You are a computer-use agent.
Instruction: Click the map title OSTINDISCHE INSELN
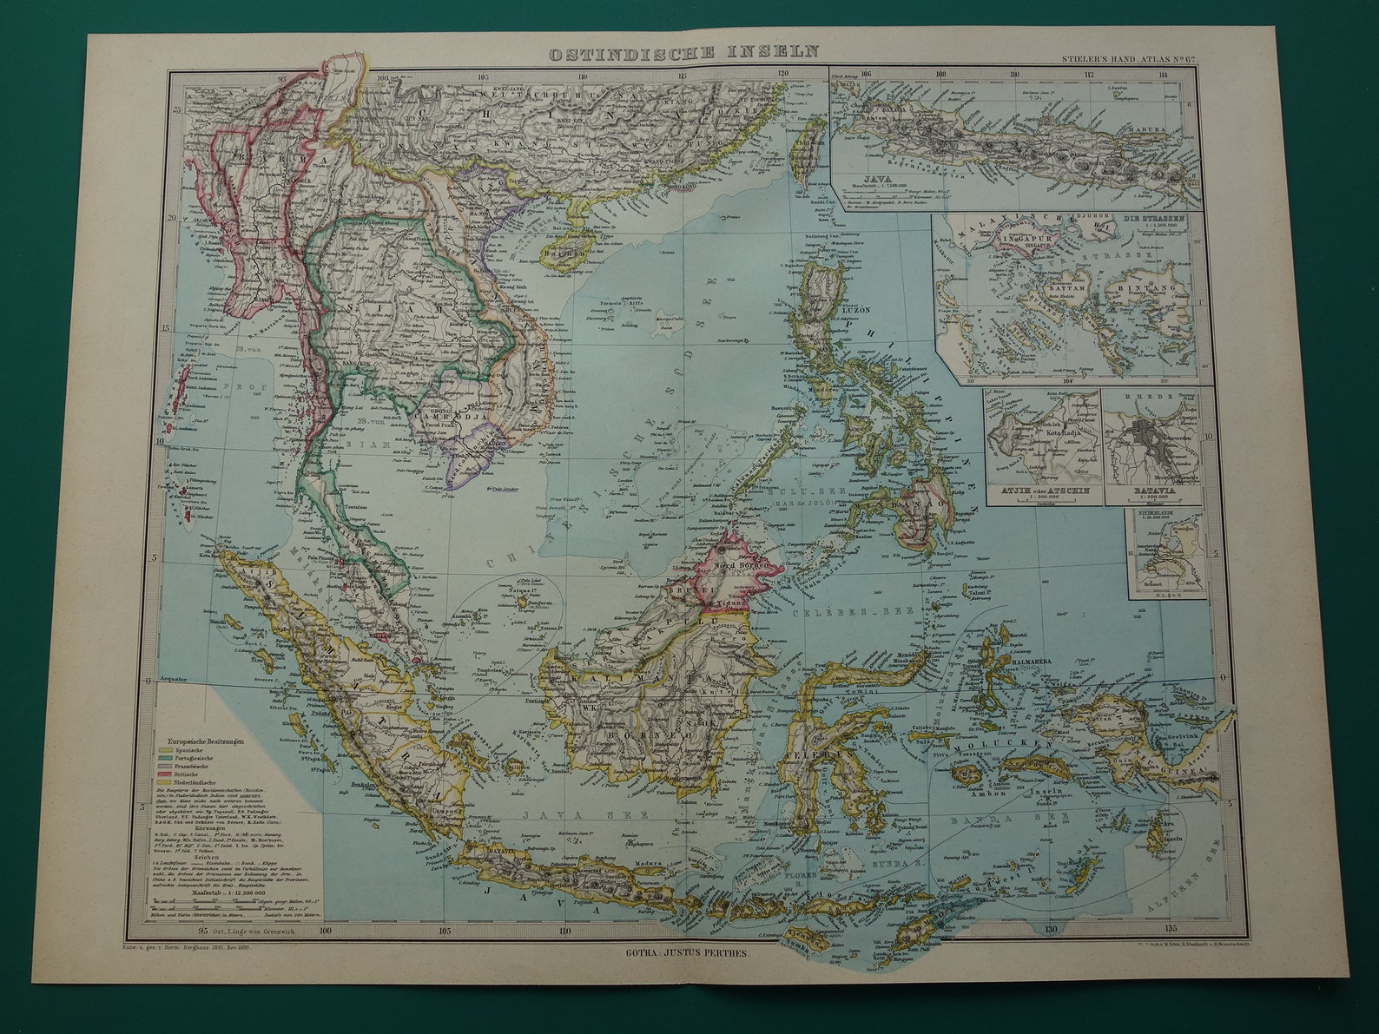pyautogui.click(x=683, y=52)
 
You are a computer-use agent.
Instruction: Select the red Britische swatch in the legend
pyautogui.click(x=162, y=771)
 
